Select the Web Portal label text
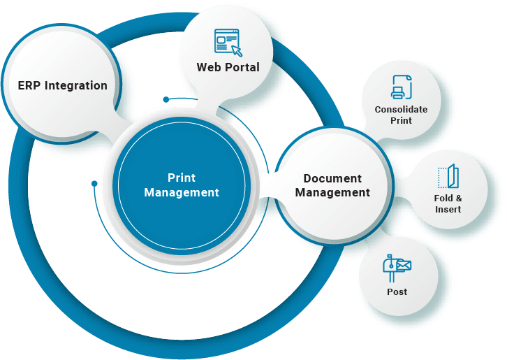pyautogui.click(x=228, y=68)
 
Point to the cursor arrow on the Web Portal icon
pyautogui.click(x=237, y=50)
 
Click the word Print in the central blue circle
pyautogui.click(x=182, y=178)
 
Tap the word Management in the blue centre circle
pyautogui.click(x=182, y=193)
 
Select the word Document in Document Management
pyautogui.click(x=332, y=179)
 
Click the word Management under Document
pyautogui.click(x=332, y=193)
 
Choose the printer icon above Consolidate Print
pyautogui.click(x=401, y=87)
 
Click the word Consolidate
pyautogui.click(x=401, y=110)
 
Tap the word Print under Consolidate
pyautogui.click(x=401, y=120)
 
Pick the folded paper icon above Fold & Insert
pyautogui.click(x=447, y=177)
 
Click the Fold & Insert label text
pyautogui.click(x=448, y=203)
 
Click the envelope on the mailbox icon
pyautogui.click(x=404, y=265)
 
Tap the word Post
pyautogui.click(x=397, y=291)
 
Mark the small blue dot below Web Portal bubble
pyautogui.click(x=166, y=99)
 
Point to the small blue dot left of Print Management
pyautogui.click(x=94, y=184)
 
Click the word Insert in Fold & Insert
pyautogui.click(x=448, y=209)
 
